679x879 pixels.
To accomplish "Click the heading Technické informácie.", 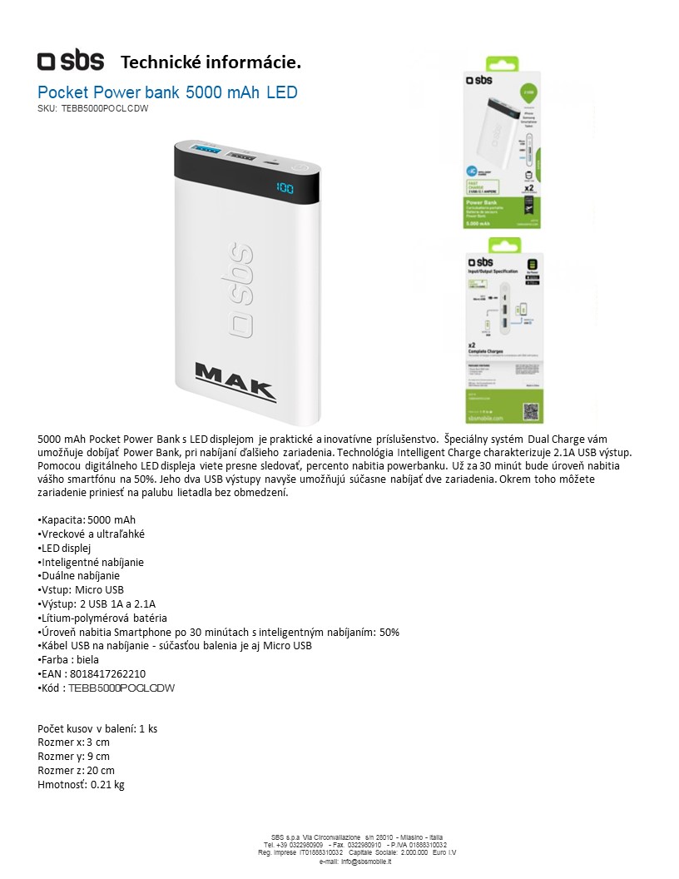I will point(211,62).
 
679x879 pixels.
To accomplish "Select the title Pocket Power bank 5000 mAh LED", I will point(167,92).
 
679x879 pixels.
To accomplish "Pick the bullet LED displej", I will point(65,548).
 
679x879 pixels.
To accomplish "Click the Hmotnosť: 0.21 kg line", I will point(82,784).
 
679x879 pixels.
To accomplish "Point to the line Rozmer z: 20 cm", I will point(77,770).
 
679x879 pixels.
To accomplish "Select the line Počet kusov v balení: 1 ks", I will point(98,728).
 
